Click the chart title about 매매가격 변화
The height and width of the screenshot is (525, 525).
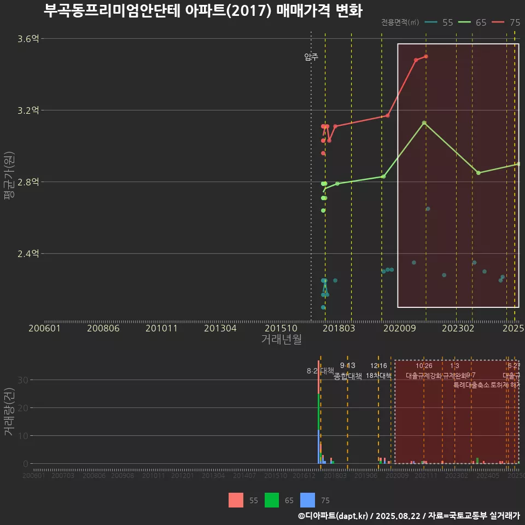tap(202, 11)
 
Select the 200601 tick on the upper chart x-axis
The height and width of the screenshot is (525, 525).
tap(44, 328)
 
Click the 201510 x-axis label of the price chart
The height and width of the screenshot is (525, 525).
tap(279, 328)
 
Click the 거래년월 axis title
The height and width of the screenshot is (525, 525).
tap(281, 340)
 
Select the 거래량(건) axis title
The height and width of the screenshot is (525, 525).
tap(9, 412)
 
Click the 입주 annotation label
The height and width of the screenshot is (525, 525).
tap(311, 57)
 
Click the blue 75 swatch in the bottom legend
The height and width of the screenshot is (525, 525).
tap(308, 500)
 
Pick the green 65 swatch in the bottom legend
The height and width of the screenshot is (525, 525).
tap(272, 500)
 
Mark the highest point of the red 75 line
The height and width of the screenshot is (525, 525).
tap(426, 56)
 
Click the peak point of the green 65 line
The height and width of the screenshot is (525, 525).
tap(424, 123)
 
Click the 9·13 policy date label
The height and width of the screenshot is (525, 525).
tap(347, 366)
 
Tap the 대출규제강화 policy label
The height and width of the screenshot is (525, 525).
tap(423, 376)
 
